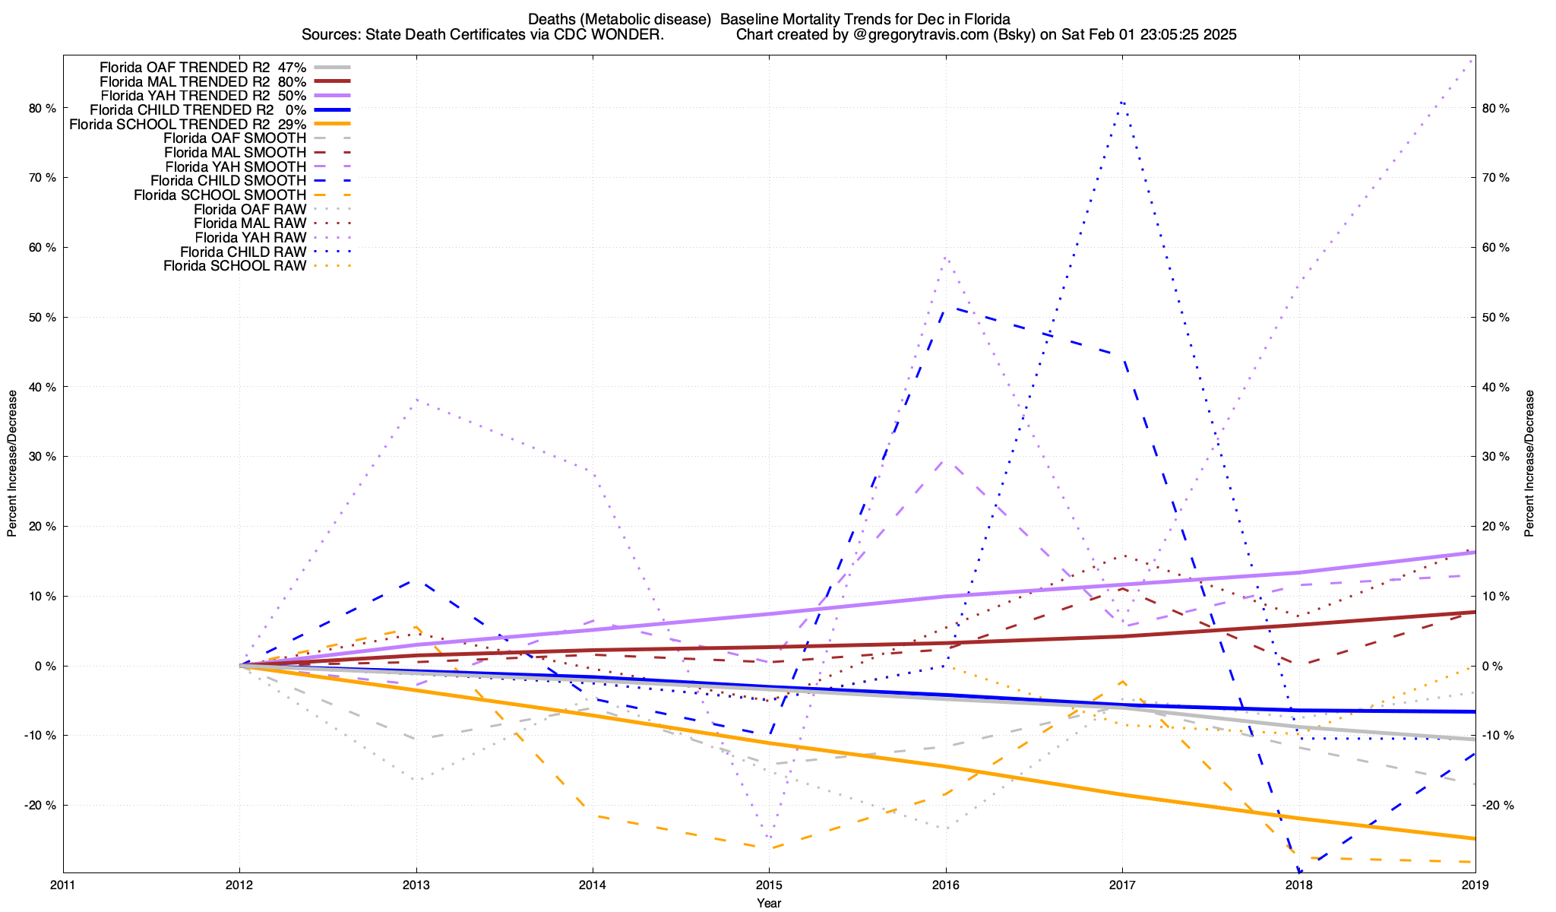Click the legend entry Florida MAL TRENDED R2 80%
pos(203,81)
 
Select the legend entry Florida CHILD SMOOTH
pos(228,181)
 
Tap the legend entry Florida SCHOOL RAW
pos(235,266)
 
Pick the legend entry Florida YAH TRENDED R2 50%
pos(203,96)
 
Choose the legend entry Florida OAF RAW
pos(250,209)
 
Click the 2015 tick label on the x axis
pos(769,885)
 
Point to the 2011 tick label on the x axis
pos(63,885)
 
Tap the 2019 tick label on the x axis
pos(1475,885)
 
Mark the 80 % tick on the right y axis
pos(1497,108)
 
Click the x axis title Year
pos(769,903)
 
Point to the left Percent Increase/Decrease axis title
pos(12,464)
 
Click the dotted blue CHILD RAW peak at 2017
pos(1122,101)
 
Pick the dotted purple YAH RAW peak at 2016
pos(945,258)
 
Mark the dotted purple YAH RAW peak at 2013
pos(416,399)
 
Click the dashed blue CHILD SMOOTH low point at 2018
pos(1301,871)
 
